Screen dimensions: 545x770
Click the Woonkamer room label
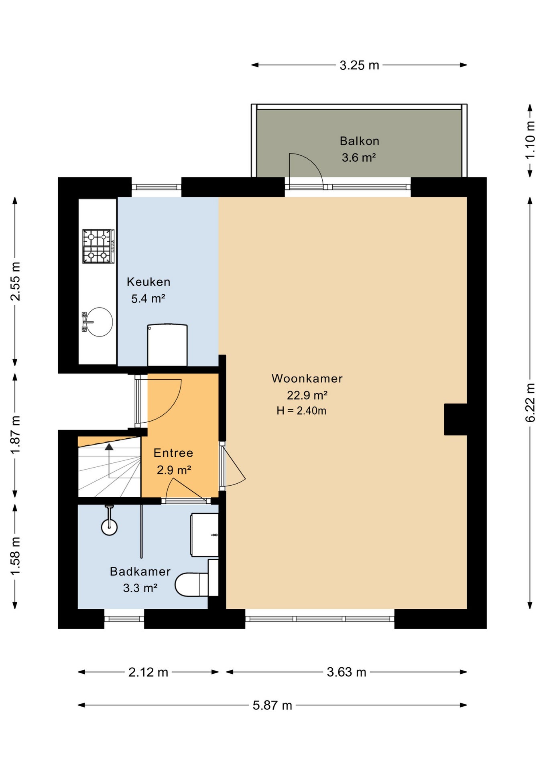pos(307,379)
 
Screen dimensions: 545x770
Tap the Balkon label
pos(359,141)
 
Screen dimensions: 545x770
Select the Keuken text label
pos(148,282)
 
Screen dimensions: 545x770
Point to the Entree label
pos(173,453)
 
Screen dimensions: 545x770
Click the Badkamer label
pos(140,571)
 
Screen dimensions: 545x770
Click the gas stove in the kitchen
pos(98,246)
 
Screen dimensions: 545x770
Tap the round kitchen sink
pos(100,322)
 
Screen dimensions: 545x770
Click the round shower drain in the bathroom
pos(109,527)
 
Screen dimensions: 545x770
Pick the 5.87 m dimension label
pos(272,705)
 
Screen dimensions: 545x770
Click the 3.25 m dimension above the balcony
pos(359,65)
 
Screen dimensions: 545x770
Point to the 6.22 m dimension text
pos(530,403)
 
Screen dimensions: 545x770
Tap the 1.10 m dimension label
pos(530,140)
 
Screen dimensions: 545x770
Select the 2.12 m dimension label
pos(148,672)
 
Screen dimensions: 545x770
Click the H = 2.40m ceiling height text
pos(301,411)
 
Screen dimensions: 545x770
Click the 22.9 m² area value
pos(307,395)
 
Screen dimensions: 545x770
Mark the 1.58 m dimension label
pos(15,556)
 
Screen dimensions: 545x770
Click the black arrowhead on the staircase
pos(109,446)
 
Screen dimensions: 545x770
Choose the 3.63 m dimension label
pos(346,672)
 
